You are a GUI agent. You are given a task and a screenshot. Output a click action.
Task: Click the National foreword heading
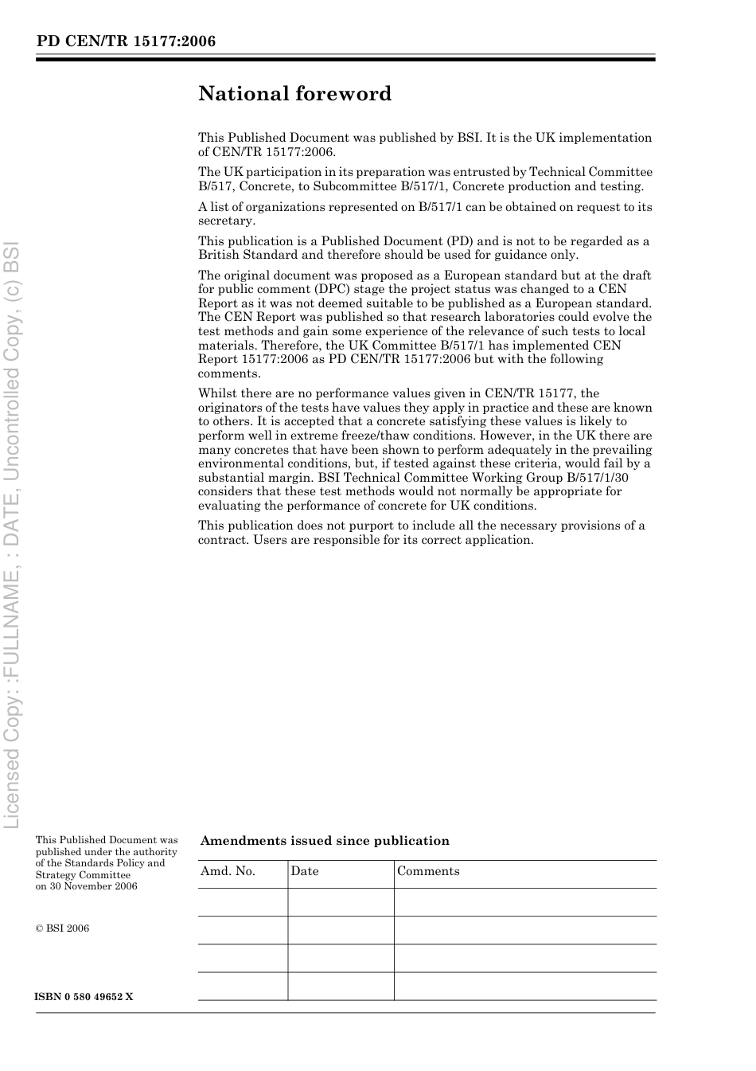coord(294,94)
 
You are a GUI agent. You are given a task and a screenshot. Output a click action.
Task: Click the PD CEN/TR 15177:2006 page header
coord(126,41)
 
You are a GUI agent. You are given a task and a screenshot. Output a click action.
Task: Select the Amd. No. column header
coord(228,871)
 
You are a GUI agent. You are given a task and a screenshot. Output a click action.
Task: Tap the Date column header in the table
coord(305,871)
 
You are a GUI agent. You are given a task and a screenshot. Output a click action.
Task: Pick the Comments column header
coord(428,871)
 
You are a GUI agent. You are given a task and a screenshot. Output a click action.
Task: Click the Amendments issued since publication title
coord(325,841)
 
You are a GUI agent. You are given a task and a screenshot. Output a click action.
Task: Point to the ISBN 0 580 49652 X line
coord(84,997)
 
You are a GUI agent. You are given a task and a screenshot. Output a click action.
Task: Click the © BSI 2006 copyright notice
coord(63,928)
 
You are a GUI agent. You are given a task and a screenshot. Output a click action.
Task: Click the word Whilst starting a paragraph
coord(217,393)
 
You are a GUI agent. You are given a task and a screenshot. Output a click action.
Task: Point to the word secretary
coord(226,221)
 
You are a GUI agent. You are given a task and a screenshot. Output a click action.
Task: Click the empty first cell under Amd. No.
coord(242,902)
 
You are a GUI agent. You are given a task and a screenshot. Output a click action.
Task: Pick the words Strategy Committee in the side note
coord(83,875)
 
